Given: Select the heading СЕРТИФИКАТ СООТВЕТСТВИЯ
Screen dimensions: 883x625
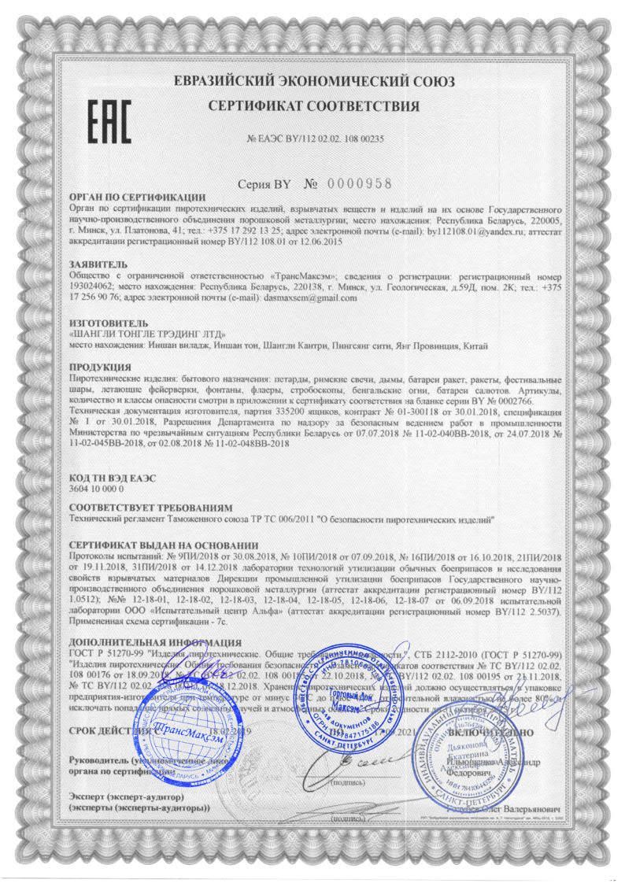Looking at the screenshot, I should click(x=313, y=105).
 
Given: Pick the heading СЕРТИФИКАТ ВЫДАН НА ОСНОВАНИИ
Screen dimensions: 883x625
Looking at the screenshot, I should click(x=164, y=545).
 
